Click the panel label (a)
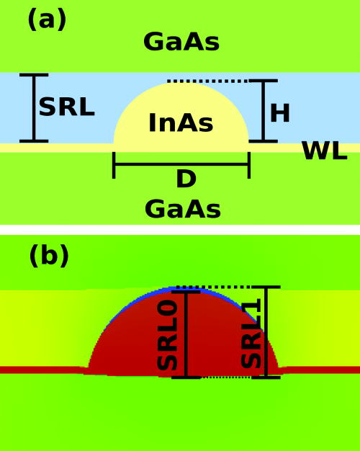pos(47,19)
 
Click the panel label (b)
pos(49,256)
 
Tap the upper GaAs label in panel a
pos(181,42)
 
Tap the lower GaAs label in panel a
pos(182,209)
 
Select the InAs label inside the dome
pos(181,123)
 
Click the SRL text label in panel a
pos(66,107)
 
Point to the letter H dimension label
pos(279,112)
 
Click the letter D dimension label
pos(186,179)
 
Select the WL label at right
pos(324,151)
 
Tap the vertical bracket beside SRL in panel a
pos(32,107)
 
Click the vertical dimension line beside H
pos(263,110)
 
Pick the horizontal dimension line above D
pos(181,164)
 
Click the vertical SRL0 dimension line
pos(186,334)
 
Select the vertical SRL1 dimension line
pos(266,331)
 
